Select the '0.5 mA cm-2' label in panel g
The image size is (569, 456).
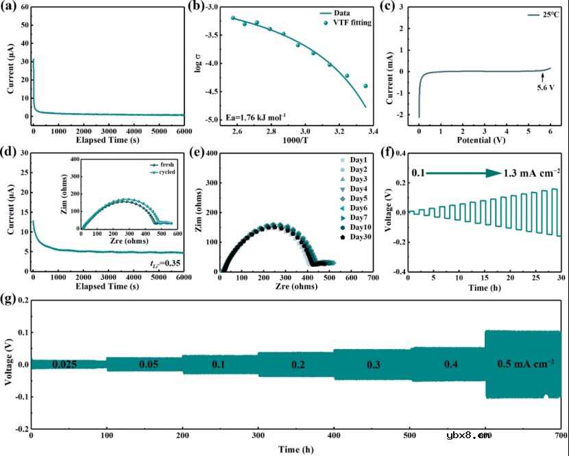coord(526,363)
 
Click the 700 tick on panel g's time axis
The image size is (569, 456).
coord(559,436)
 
